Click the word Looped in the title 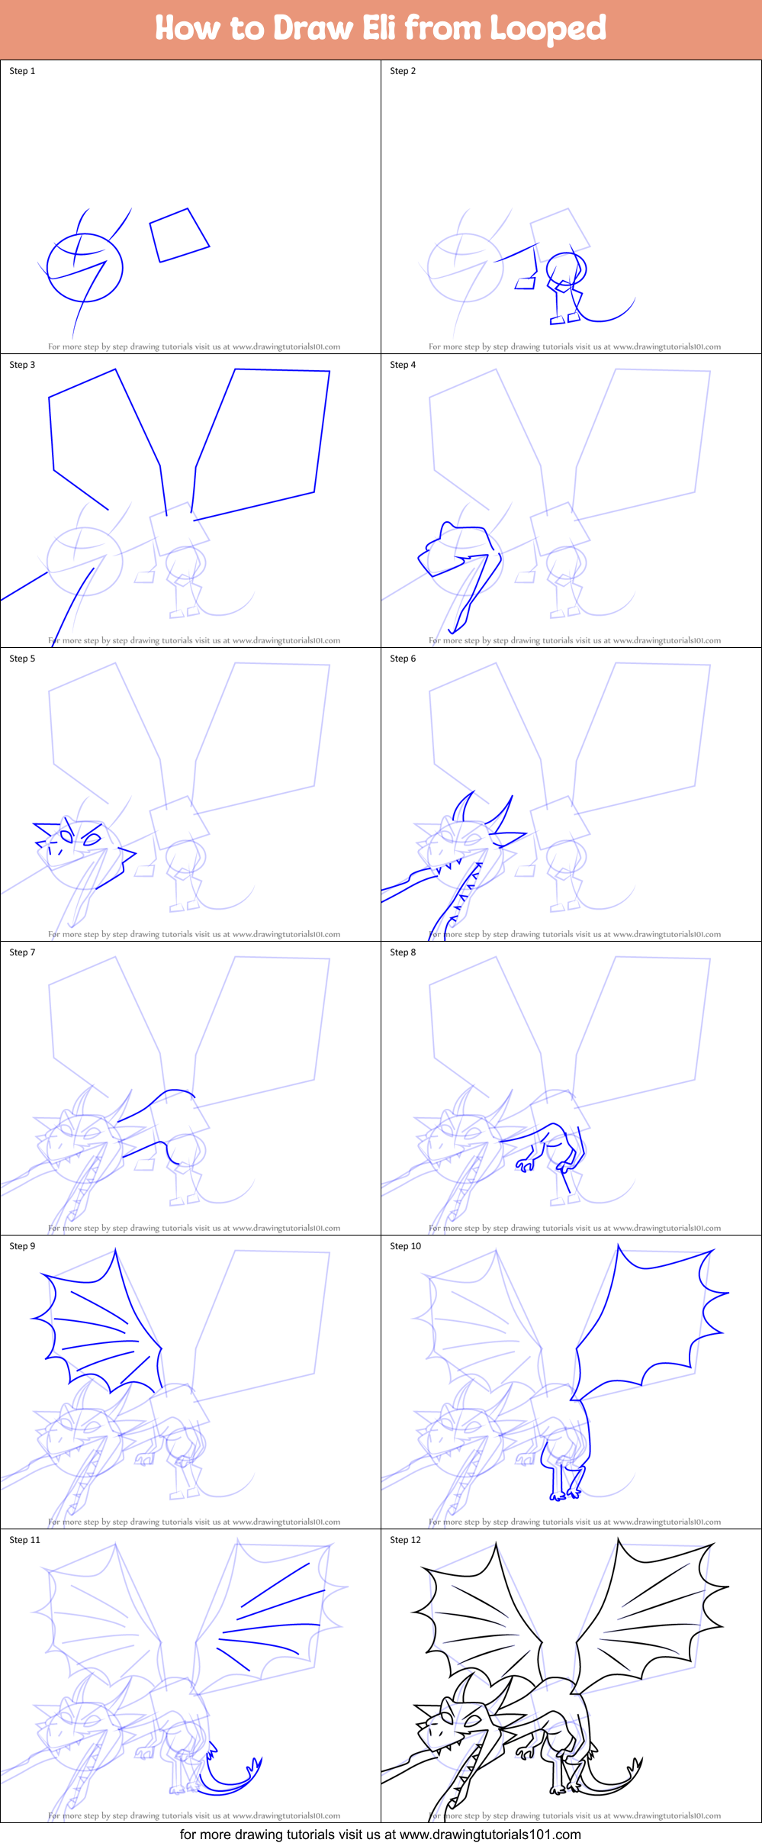coord(548,28)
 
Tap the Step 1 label coord(22,71)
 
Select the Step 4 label coord(403,365)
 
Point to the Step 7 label coord(22,952)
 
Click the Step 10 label coord(405,1246)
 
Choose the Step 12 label coord(405,1540)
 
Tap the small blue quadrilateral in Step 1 coord(179,234)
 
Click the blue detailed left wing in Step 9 coord(99,1320)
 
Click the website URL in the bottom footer coord(490,1835)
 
